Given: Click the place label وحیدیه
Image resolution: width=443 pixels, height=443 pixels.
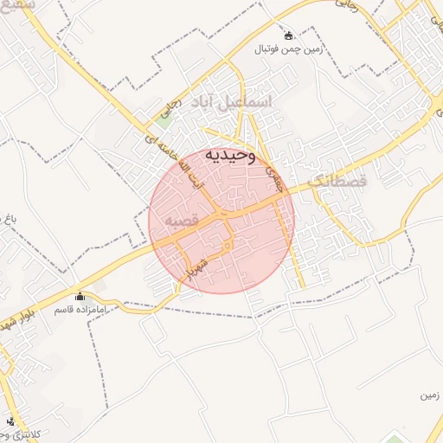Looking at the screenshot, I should [230, 155].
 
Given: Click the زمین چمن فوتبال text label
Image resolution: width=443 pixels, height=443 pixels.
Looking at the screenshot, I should [288, 49].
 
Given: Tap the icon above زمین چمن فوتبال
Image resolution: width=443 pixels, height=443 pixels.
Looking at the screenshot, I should [288, 35].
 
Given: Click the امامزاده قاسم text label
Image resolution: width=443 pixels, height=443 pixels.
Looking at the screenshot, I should [80, 309].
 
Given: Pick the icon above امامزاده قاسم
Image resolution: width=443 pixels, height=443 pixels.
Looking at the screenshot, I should [80, 296].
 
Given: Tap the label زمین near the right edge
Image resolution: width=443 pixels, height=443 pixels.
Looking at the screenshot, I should [427, 396].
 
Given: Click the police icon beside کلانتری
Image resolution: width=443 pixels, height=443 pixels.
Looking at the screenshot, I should [10, 421].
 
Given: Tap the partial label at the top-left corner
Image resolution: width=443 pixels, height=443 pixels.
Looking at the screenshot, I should [17, 5].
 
